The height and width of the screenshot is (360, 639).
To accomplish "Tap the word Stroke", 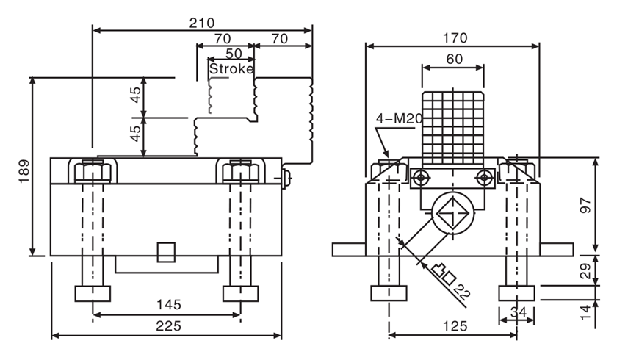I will point(231,68).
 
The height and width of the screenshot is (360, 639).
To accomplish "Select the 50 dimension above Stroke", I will point(233,54).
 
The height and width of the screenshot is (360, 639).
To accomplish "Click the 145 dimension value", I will point(168,305).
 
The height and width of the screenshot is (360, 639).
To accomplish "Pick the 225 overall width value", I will point(168,326).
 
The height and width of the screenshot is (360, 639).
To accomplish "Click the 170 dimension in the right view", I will point(455,37).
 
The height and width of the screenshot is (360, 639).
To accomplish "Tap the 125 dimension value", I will point(452,325).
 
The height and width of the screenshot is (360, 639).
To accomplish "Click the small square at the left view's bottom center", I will point(167,251).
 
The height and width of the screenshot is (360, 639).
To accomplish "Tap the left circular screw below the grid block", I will point(422,177).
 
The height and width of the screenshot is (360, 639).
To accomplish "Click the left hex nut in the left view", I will point(94,173).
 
